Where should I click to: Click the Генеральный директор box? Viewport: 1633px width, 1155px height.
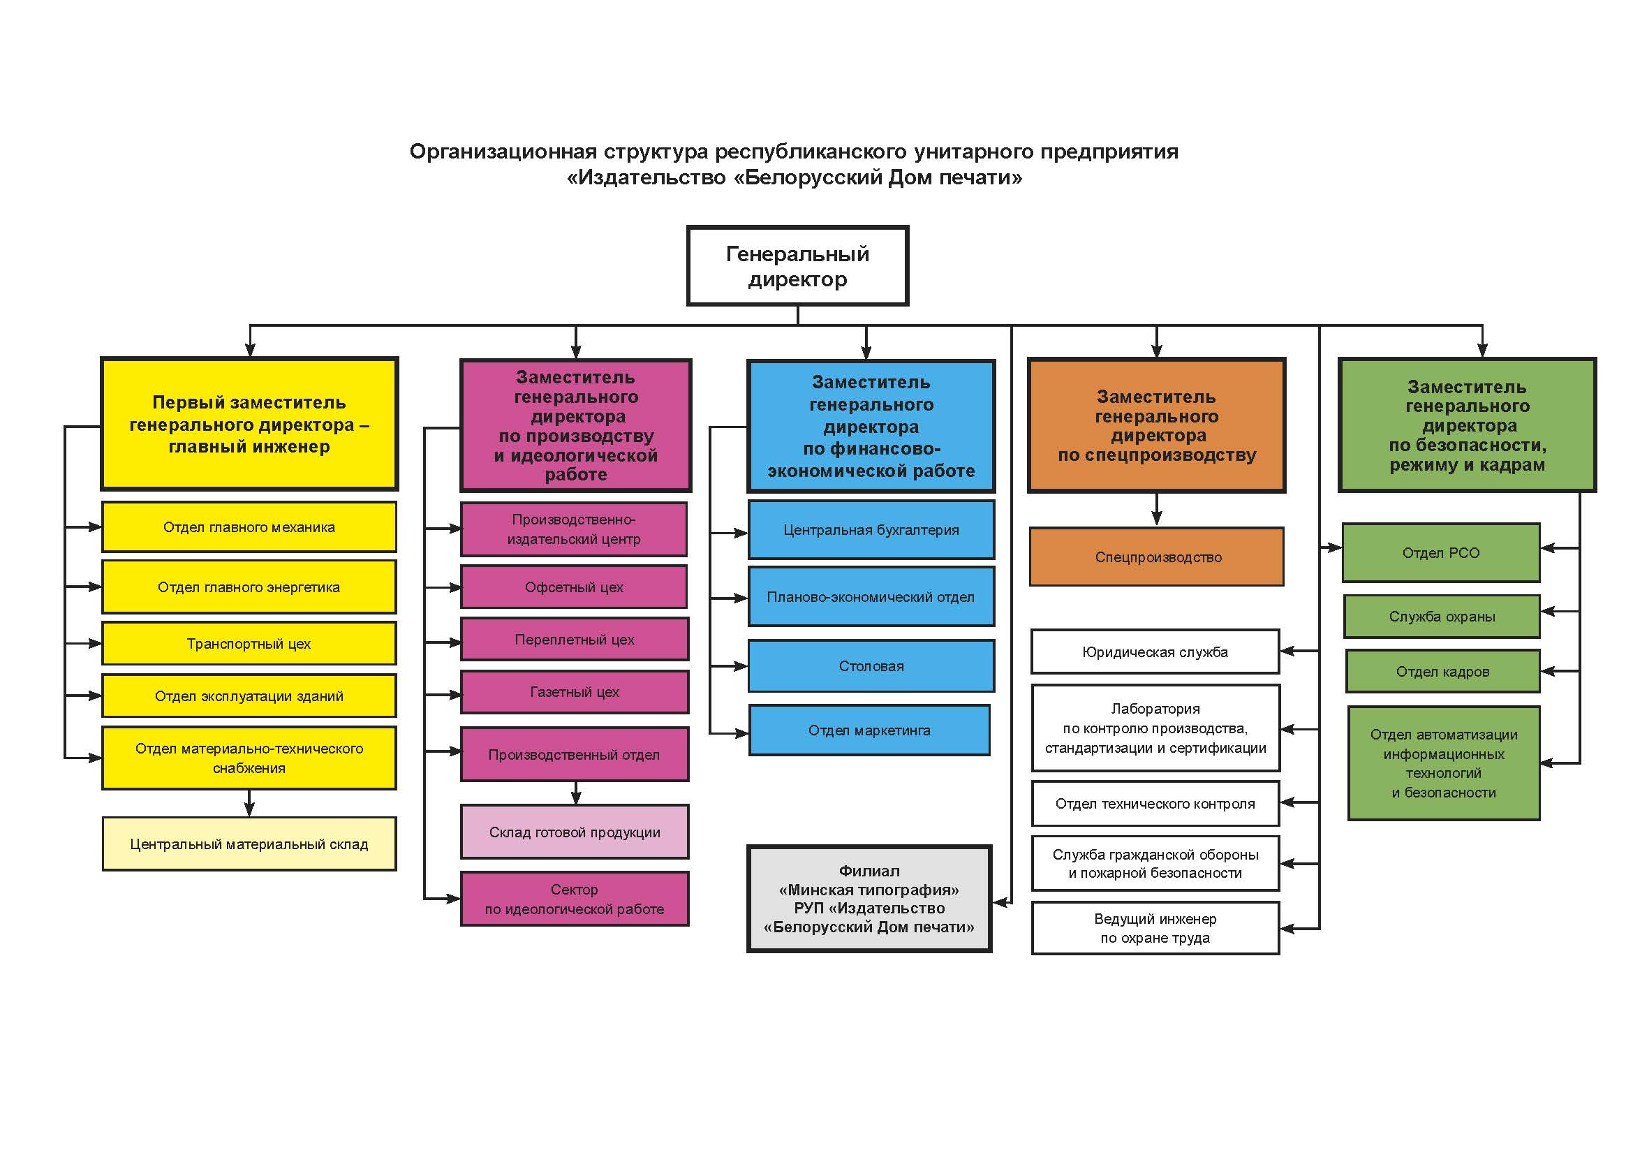[797, 266]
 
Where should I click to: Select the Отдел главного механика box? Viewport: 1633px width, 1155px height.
[249, 527]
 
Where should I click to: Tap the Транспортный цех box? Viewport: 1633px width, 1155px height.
[249, 644]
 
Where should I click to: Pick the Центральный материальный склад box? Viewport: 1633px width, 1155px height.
[249, 844]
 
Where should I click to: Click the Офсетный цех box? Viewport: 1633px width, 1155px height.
[574, 587]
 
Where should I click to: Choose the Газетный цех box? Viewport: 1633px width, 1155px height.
[575, 692]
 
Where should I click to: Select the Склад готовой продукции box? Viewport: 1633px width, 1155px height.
[575, 832]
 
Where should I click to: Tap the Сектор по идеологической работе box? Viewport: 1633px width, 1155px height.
[575, 899]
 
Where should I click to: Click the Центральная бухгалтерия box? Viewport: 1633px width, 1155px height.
[871, 530]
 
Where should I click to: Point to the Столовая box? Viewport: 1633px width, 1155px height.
[871, 666]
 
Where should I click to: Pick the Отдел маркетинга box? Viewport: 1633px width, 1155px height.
[869, 730]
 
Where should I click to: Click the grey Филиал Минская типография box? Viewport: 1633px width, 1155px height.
[869, 899]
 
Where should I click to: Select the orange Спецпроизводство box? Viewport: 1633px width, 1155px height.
[1157, 557]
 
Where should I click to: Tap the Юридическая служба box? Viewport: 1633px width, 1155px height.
[1155, 652]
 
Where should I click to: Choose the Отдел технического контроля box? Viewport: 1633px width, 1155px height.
[1155, 804]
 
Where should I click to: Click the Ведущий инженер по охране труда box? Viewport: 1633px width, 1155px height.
[1155, 928]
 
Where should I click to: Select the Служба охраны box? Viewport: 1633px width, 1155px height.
[1442, 617]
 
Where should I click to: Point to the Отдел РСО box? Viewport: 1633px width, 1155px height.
[1441, 552]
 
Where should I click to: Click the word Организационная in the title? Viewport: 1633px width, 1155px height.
[503, 152]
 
